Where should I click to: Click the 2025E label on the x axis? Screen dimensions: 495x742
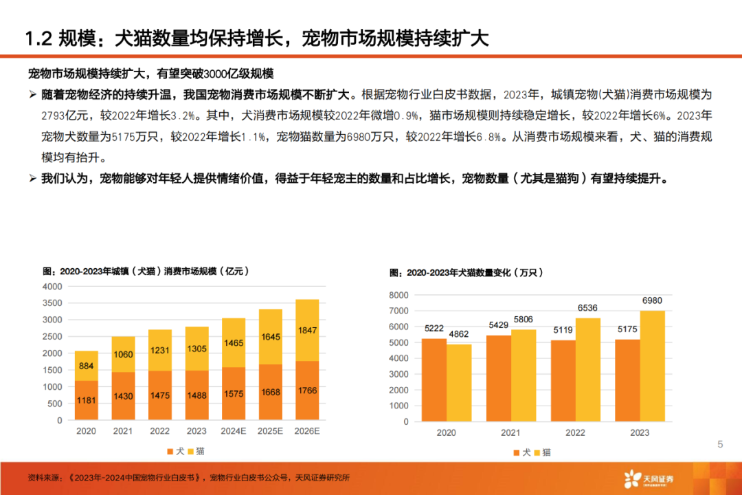[269, 432]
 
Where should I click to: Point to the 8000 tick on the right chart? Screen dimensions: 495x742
[398, 295]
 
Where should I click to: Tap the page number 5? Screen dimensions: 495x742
[720, 445]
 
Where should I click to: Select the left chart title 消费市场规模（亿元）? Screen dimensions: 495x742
[205, 272]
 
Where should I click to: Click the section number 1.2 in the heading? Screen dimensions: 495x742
[38, 38]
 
